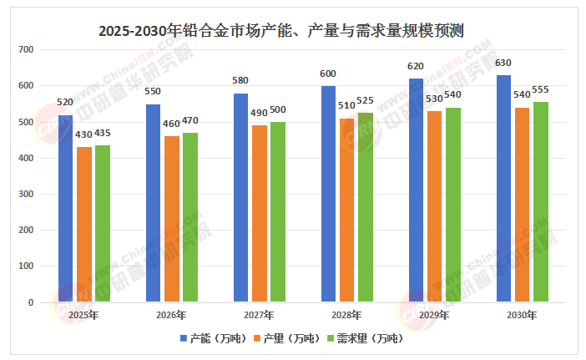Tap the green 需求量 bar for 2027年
[x=277, y=212]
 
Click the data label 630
[x=503, y=63]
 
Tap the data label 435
[x=102, y=134]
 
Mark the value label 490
[x=259, y=113]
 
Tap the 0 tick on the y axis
[x=28, y=302]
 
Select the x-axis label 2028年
[x=346, y=316]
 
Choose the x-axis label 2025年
[x=83, y=316]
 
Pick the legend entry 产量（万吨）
[x=288, y=338]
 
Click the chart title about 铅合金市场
[x=280, y=31]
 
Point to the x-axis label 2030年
[x=523, y=316]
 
